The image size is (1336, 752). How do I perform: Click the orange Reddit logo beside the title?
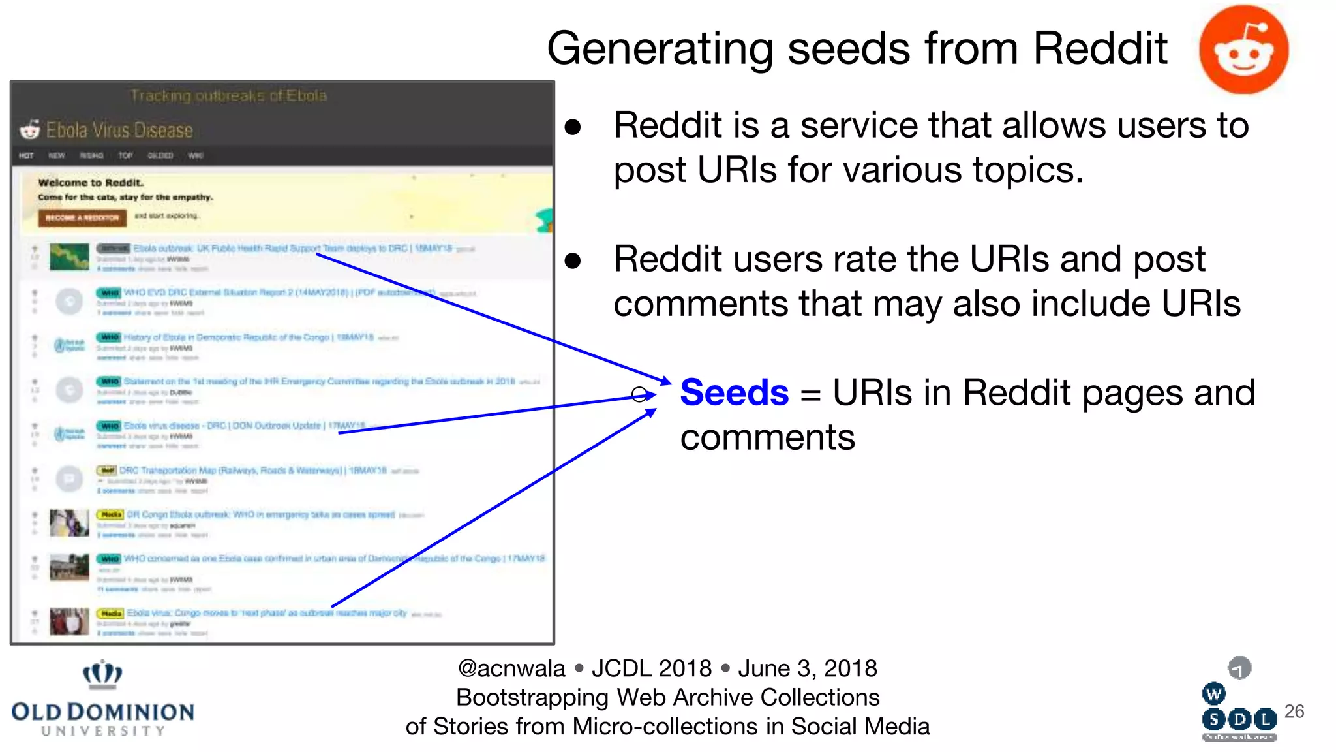click(1243, 50)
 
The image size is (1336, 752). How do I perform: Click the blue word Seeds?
click(734, 393)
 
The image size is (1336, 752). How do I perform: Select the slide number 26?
click(1294, 711)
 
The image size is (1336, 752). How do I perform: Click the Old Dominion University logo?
click(102, 699)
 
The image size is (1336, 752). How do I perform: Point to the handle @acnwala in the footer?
click(511, 668)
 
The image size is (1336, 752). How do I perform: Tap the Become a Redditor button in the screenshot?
click(82, 217)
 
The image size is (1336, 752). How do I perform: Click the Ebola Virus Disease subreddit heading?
click(119, 131)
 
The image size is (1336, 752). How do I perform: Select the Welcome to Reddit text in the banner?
click(90, 183)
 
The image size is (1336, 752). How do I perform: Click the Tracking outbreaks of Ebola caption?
click(228, 96)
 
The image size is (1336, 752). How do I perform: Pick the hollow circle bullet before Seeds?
click(639, 394)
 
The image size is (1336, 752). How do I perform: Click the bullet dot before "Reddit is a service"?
click(573, 127)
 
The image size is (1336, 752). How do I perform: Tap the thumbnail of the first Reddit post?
click(69, 257)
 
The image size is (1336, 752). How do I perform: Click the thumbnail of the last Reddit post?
click(69, 621)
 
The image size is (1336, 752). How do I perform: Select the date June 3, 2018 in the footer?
click(807, 668)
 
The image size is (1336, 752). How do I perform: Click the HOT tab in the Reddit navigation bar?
click(26, 155)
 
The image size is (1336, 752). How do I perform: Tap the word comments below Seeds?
click(767, 437)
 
